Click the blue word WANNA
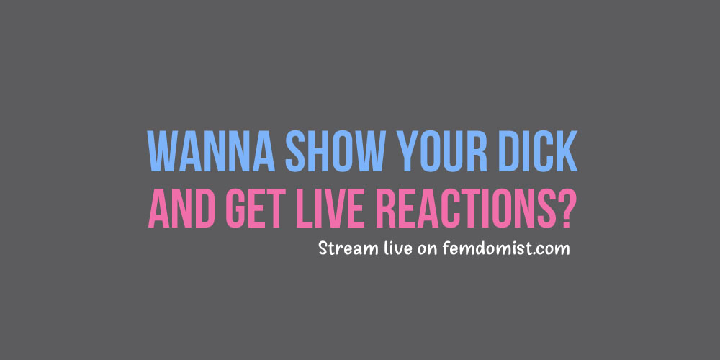pos(211,151)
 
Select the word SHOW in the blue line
pos(336,151)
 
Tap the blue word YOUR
pos(442,151)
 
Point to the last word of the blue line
pos(538,151)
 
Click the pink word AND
pos(182,207)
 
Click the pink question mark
pos(562,207)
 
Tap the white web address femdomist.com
pos(506,248)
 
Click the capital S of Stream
pos(324,248)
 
